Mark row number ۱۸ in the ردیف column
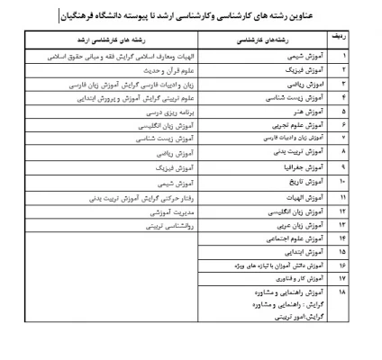[344, 293]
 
